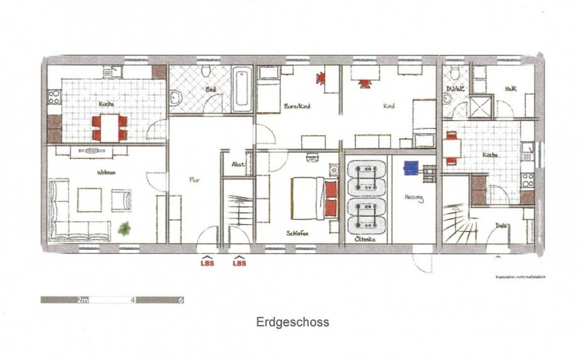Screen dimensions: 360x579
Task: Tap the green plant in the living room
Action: pos(125,228)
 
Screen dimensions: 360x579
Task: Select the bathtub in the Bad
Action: pos(241,89)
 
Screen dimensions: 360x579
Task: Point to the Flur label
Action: pos(194,179)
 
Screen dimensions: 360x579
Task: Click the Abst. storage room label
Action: pos(239,164)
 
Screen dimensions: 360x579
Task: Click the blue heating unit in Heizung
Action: pos(412,168)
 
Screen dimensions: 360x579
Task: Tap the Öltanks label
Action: pos(366,239)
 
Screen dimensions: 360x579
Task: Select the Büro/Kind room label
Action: pos(298,106)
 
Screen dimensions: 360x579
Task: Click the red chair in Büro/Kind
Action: pos(322,79)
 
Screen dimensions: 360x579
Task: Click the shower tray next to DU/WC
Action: pos(481,107)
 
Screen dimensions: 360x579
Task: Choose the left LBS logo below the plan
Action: pos(207,261)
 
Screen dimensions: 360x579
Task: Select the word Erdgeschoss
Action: pos(292,322)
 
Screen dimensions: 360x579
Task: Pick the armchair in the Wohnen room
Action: pos(121,200)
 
